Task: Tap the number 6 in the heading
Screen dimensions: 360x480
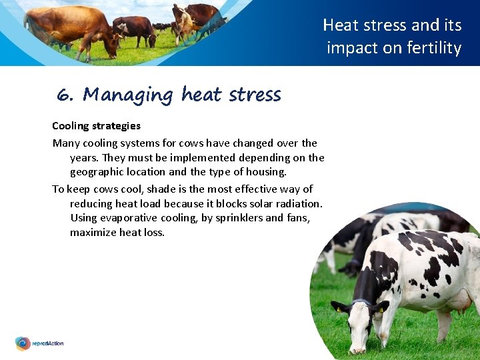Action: tap(64, 95)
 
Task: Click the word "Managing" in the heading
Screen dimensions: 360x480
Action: tap(127, 95)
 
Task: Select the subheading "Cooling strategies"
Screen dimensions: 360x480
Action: tap(96, 125)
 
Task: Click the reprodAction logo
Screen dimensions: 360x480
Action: tap(39, 343)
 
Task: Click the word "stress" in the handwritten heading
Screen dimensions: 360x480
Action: tap(254, 95)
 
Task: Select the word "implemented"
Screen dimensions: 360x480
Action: tap(176, 158)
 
